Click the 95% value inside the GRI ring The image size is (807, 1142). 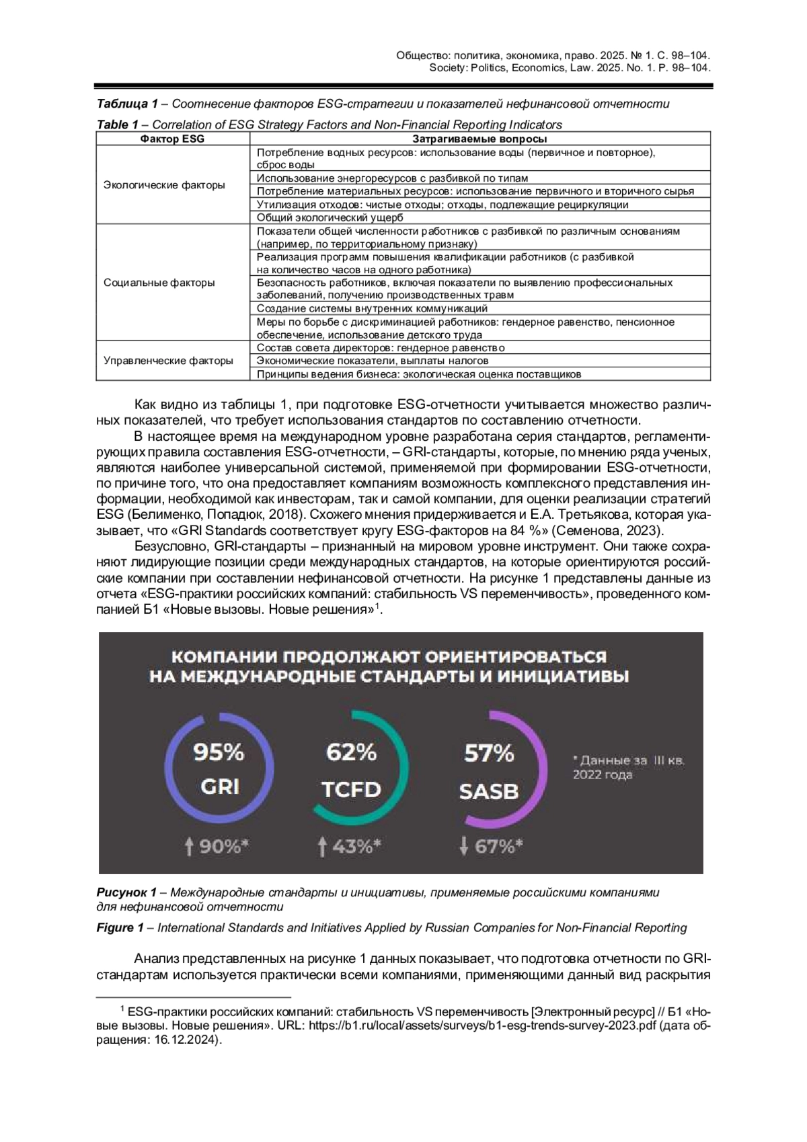pyautogui.click(x=219, y=752)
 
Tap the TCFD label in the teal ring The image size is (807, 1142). pyautogui.click(x=351, y=789)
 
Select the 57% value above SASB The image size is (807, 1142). pyautogui.click(x=489, y=753)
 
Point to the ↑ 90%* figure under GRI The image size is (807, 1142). pyautogui.click(x=217, y=847)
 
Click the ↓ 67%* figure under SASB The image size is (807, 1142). pyautogui.click(x=491, y=847)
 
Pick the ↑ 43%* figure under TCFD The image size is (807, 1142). pyautogui.click(x=350, y=847)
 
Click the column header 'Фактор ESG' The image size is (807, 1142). pyautogui.click(x=172, y=139)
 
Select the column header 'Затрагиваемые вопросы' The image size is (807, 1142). pyautogui.click(x=479, y=139)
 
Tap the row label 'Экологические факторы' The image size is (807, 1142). pyautogui.click(x=164, y=185)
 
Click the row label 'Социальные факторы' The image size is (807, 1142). pyautogui.click(x=159, y=283)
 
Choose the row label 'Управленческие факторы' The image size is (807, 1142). pyautogui.click(x=168, y=361)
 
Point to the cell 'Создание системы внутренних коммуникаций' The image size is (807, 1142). pyautogui.click(x=372, y=308)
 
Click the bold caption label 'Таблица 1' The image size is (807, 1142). pyautogui.click(x=127, y=104)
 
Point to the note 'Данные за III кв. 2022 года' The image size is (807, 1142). pyautogui.click(x=627, y=767)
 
